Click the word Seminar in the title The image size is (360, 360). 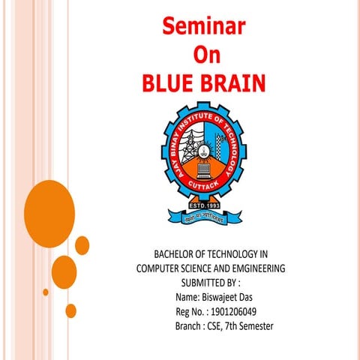tap(204, 28)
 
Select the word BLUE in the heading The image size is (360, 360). tap(170, 81)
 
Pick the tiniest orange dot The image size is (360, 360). tap(45, 292)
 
